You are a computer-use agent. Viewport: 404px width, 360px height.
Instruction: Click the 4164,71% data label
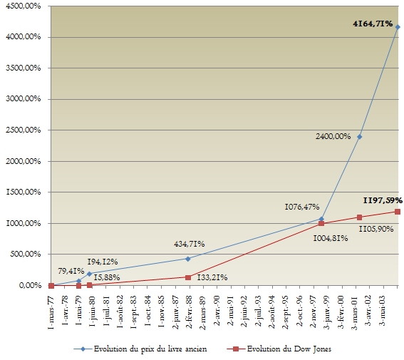pos(373,24)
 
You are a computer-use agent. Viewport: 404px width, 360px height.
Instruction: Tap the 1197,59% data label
pos(383,200)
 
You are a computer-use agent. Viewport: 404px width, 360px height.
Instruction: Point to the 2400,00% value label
pos(333,136)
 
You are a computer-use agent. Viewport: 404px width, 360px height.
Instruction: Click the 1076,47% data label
pos(302,207)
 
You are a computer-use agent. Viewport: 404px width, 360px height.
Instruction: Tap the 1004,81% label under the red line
pos(331,238)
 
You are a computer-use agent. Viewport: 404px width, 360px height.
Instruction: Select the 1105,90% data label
pos(376,229)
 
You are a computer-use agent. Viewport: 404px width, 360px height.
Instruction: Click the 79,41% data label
pos(71,271)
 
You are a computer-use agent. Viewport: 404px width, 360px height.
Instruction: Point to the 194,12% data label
pos(103,262)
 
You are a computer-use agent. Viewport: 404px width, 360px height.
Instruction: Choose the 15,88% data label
pos(107,277)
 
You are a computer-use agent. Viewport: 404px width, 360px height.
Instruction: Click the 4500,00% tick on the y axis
pos(24,6)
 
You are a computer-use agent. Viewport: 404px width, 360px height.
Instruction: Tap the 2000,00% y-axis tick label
pos(24,161)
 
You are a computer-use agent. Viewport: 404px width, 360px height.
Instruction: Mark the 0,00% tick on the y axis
pos(30,285)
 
